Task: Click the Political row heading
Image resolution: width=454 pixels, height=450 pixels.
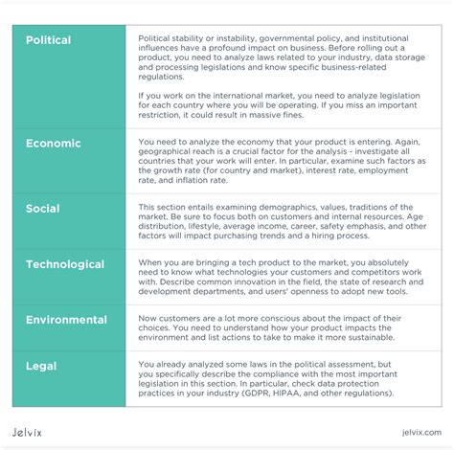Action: [x=48, y=40]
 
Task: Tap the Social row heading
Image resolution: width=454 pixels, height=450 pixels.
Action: [x=42, y=209]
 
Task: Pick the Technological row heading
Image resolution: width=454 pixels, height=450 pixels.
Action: [x=65, y=264]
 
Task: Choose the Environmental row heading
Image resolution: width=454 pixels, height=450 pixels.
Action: [x=66, y=320]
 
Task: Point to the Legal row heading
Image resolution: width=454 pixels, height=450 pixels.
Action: [x=41, y=366]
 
